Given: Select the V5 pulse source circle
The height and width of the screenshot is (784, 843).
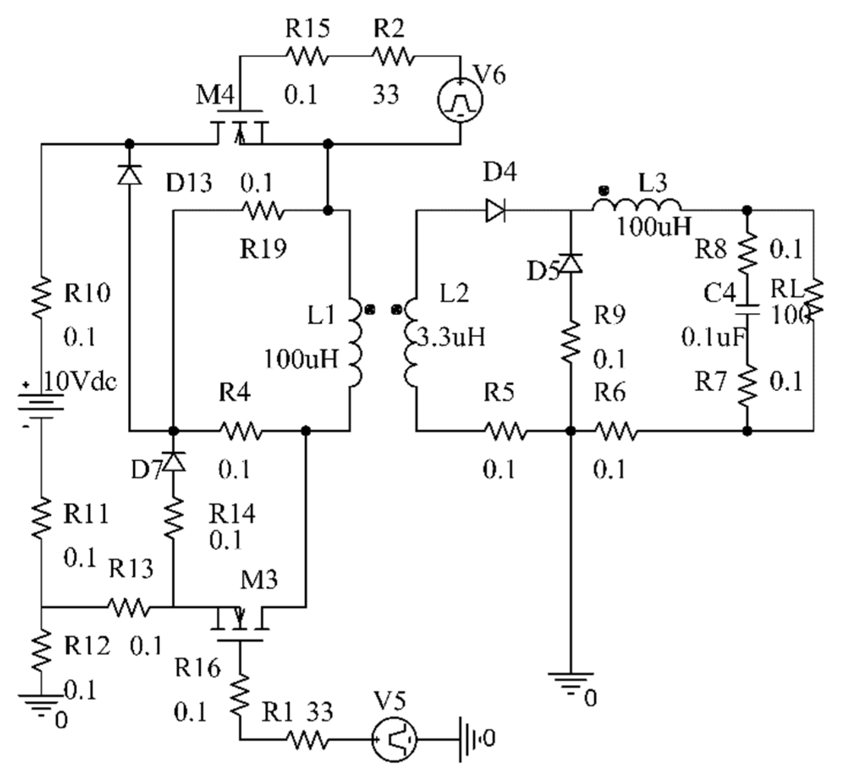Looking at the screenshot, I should [394, 740].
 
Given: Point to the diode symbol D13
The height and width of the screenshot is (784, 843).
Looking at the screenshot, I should [129, 175].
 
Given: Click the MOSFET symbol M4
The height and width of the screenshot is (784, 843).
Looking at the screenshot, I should [240, 127].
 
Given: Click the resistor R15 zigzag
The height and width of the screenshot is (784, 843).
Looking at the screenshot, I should [307, 56].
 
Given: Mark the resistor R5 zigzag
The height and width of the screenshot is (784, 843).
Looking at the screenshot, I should [506, 431].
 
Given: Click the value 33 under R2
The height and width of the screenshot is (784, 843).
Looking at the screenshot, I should [386, 95].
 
